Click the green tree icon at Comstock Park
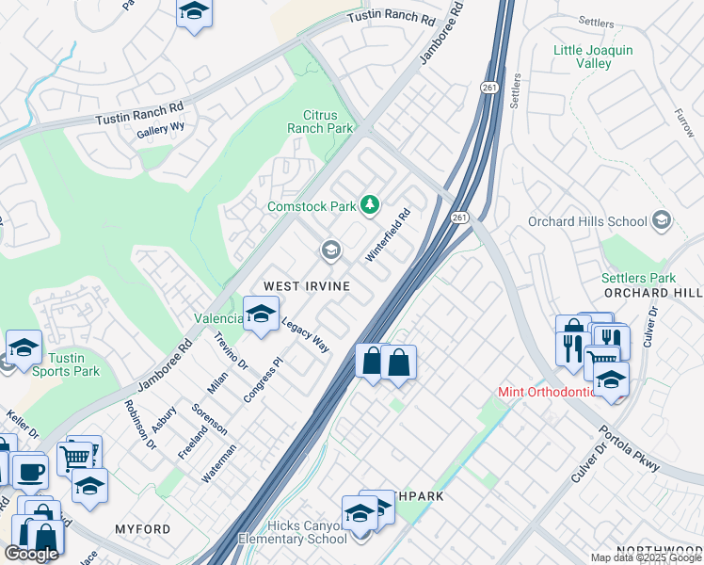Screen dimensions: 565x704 click(x=371, y=204)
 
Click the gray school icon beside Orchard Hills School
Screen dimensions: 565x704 click(x=662, y=221)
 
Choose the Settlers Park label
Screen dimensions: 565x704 click(x=637, y=278)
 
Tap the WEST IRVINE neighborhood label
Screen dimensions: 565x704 click(x=307, y=285)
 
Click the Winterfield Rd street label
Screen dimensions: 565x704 click(x=389, y=235)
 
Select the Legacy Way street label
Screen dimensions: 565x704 click(x=305, y=334)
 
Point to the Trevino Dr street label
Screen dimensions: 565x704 click(x=231, y=350)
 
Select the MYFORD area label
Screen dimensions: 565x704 click(x=142, y=529)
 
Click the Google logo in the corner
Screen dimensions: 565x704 click(x=31, y=553)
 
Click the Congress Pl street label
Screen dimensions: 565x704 click(x=263, y=379)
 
